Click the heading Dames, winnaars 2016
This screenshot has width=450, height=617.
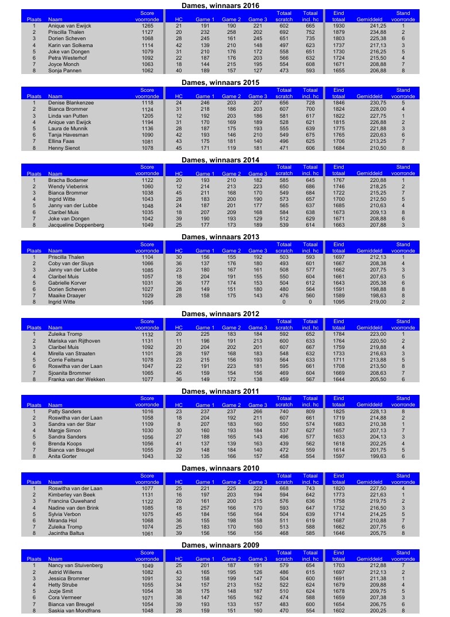click(x=220, y=6)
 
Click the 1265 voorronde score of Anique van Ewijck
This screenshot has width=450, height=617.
click(x=147, y=26)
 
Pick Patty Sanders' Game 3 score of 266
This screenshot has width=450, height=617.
click(x=257, y=412)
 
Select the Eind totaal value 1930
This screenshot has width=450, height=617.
click(x=339, y=26)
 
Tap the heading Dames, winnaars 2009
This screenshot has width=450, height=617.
click(x=220, y=545)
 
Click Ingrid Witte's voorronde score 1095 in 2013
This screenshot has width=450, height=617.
click(x=147, y=302)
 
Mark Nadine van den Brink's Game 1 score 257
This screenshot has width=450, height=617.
click(x=205, y=508)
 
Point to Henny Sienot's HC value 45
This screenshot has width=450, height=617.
click(x=179, y=148)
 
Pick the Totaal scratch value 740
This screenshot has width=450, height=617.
click(x=284, y=412)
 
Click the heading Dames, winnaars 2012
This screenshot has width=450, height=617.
click(x=220, y=314)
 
